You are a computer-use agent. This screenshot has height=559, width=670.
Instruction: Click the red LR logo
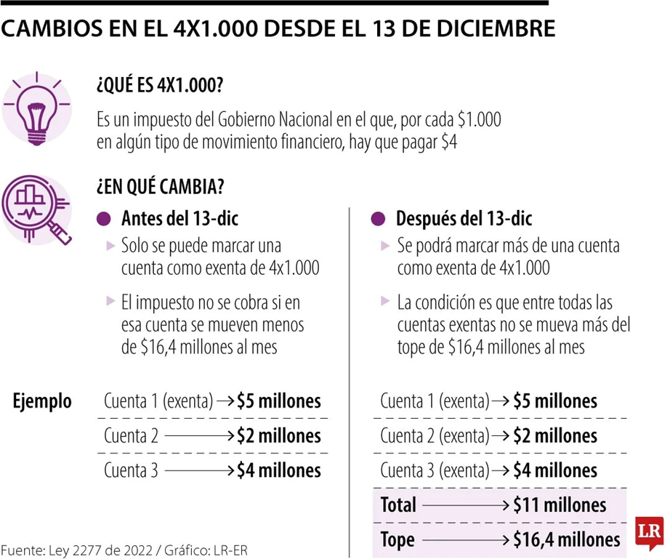pos(649,532)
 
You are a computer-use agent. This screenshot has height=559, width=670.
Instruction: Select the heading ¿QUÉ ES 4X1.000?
pos(159,86)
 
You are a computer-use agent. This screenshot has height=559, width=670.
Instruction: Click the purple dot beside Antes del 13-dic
pos(104,218)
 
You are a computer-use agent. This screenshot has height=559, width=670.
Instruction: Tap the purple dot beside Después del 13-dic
pos(379,218)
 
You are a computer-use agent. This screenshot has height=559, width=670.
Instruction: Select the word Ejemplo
pos(43,401)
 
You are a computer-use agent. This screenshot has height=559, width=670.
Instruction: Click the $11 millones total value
pos(560,504)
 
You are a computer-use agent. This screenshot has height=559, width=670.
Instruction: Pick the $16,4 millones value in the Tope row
pos(567,539)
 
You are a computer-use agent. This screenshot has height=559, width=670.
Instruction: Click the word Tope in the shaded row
pos(397,539)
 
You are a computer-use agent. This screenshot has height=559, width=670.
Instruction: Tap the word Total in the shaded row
pos(399,504)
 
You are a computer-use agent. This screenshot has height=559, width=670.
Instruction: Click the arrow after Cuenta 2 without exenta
pos(200,435)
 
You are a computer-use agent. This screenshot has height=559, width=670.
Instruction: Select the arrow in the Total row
pos(465,504)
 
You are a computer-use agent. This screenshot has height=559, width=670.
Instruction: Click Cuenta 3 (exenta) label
pos(434,470)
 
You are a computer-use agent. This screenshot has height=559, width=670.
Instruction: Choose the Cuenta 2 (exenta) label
pos(434,435)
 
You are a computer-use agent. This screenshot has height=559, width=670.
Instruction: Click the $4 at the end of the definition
pos(449,143)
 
